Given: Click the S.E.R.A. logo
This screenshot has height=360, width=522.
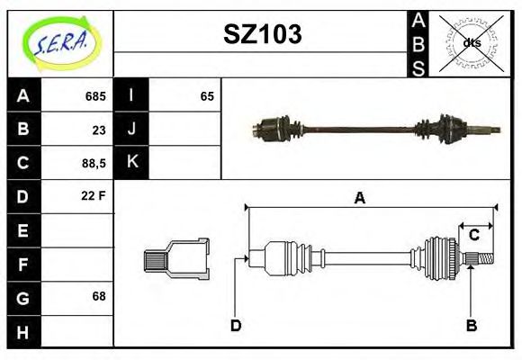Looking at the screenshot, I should [59, 42].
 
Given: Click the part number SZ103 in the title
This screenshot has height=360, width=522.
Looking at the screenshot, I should [262, 34].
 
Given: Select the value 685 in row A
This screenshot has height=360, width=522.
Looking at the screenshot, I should [94, 96].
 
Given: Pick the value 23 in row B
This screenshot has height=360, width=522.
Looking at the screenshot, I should [98, 129].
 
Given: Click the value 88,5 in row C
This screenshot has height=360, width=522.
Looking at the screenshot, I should [93, 163].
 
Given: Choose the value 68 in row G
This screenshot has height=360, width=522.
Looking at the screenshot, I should [98, 296].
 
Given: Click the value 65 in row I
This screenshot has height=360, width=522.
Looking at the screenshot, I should [207, 96].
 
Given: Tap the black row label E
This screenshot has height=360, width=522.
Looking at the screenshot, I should [23, 230].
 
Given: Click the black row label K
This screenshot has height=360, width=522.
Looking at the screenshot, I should [132, 163].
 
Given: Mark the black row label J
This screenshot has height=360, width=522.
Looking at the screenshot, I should [132, 129].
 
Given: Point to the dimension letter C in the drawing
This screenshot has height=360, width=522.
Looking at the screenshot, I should [473, 235].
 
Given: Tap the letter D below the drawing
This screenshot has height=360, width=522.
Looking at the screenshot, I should [236, 325].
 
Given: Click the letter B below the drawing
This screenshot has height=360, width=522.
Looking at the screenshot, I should [471, 325].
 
